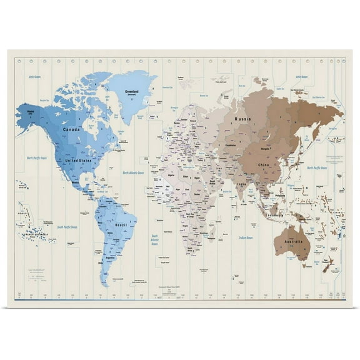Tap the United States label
coord(79,161)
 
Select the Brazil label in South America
coord(122,223)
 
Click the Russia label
coord(243,118)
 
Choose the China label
coord(264,165)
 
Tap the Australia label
coord(293,242)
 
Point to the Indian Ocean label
coord(245,238)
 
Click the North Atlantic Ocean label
coord(133,172)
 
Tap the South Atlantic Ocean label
coord(154,239)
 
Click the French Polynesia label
coord(34,234)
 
